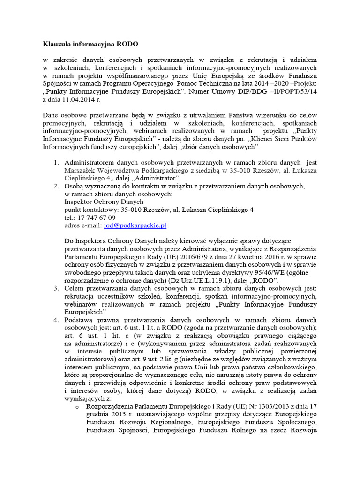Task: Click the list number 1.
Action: pos(54,162)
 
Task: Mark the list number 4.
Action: pos(54,320)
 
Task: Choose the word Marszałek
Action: pos(80,170)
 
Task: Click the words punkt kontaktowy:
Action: pos(90,210)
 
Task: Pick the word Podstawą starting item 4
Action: pos(81,320)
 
